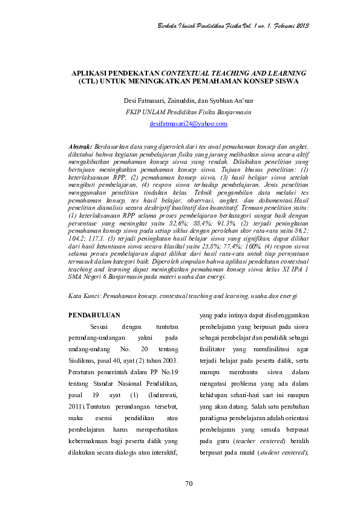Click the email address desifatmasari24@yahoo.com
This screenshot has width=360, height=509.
click(188, 123)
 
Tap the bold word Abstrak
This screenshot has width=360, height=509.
click(80, 146)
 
